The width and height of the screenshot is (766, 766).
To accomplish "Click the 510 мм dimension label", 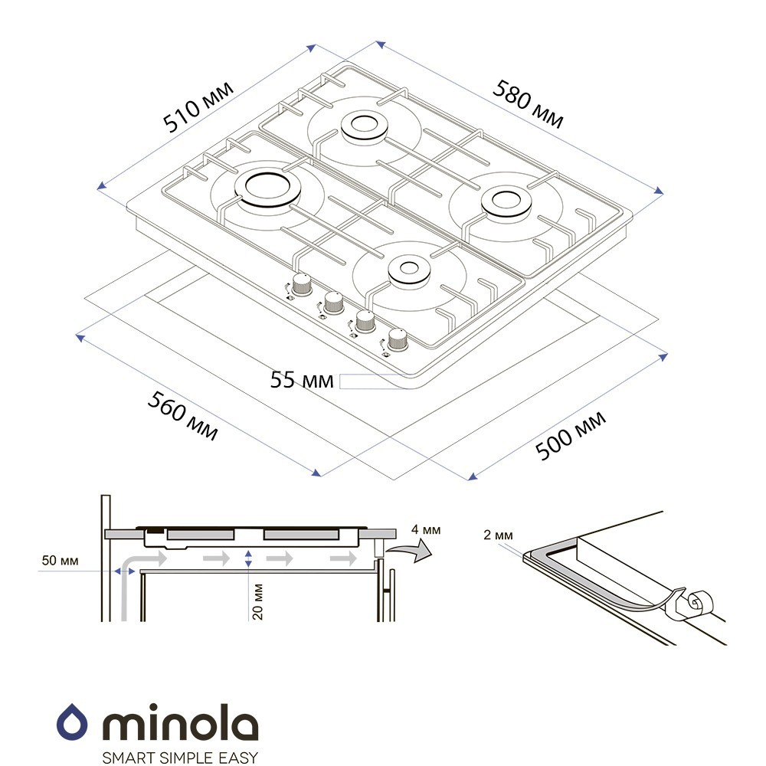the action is [x=198, y=106].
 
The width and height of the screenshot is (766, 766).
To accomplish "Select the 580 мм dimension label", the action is [x=528, y=104].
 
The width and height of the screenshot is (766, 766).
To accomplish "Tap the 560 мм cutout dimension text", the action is [x=183, y=415].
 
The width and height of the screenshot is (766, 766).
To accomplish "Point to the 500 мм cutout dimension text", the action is [x=571, y=436].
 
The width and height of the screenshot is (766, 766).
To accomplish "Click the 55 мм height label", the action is [x=301, y=380].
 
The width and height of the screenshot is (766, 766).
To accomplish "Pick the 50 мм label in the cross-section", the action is [x=60, y=561].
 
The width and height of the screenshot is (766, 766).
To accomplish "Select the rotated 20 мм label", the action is [x=257, y=601].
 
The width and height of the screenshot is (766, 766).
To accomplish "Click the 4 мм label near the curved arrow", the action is [x=426, y=529].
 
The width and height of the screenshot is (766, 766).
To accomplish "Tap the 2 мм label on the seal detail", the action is [x=499, y=535].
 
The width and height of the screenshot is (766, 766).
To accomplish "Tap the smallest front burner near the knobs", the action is [x=409, y=270].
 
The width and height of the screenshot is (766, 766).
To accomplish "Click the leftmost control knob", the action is [x=301, y=284].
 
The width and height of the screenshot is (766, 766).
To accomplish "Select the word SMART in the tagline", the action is [x=125, y=758].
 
